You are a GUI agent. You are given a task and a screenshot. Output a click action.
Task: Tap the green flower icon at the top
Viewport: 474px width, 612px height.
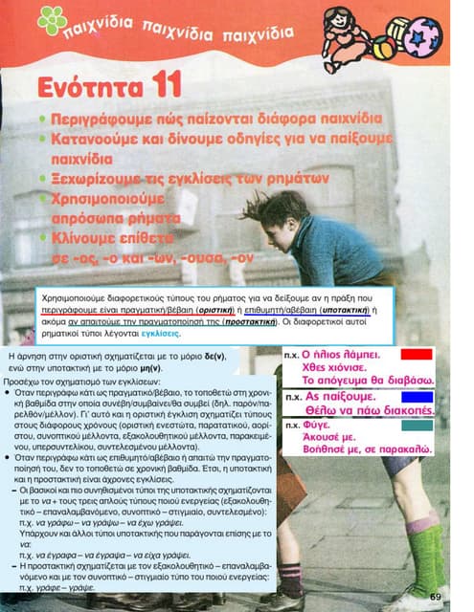(52, 20)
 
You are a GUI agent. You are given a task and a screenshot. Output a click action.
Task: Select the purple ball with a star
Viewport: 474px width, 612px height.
(420, 37)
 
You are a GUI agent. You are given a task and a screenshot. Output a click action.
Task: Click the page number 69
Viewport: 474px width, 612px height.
(436, 598)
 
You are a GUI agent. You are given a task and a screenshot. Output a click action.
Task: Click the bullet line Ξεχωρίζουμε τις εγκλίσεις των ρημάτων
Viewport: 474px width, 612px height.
(188, 179)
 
